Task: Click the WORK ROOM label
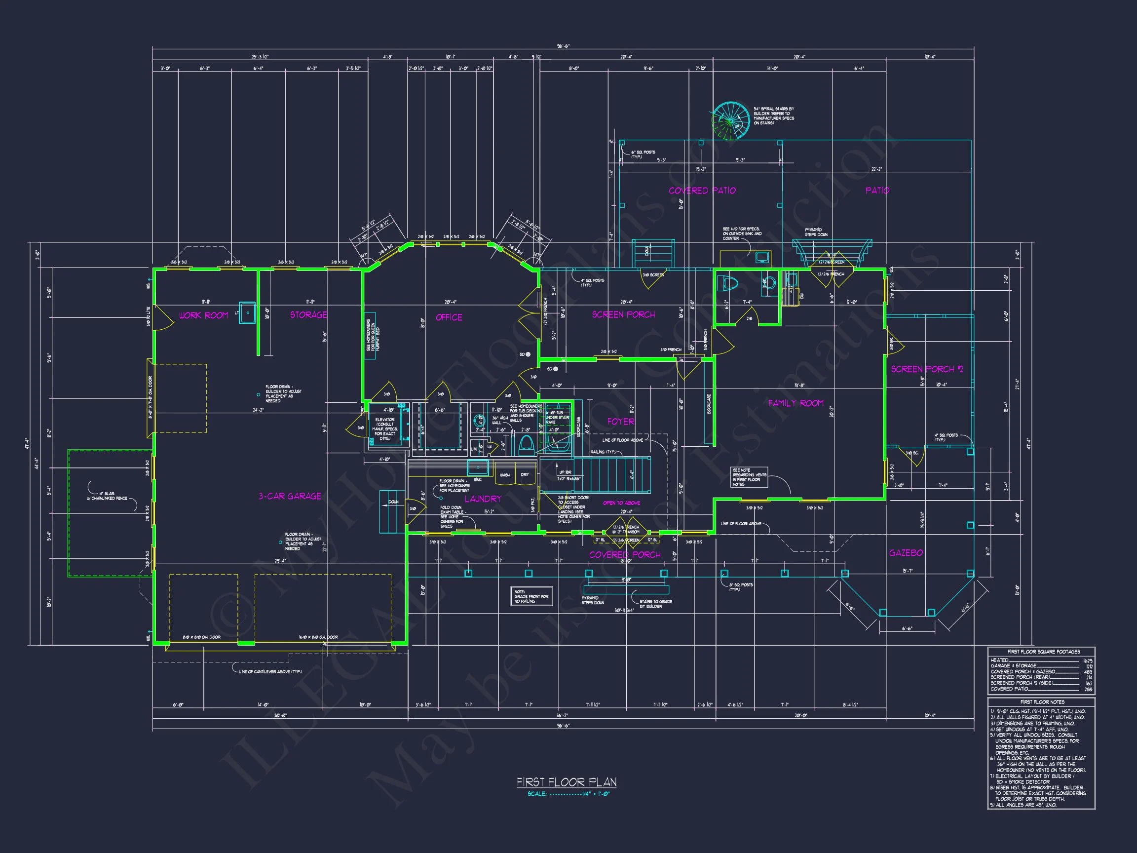pyautogui.click(x=203, y=315)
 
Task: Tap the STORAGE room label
pyautogui.click(x=308, y=314)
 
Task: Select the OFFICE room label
pyautogui.click(x=449, y=317)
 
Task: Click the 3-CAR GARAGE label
pyautogui.click(x=290, y=496)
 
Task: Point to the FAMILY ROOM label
pyautogui.click(x=796, y=403)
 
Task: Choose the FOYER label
pyautogui.click(x=620, y=422)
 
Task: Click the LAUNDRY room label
pyautogui.click(x=483, y=499)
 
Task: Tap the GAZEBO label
pyautogui.click(x=906, y=553)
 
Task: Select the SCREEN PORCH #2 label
pyautogui.click(x=927, y=369)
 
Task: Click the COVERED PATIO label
pyautogui.click(x=702, y=191)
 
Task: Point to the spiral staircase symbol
pyautogui.click(x=730, y=121)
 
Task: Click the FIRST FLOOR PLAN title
pyautogui.click(x=567, y=782)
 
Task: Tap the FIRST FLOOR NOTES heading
pyautogui.click(x=1042, y=702)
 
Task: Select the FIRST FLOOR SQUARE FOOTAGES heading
pyautogui.click(x=1042, y=652)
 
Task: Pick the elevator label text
pyautogui.click(x=384, y=429)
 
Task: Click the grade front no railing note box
pyautogui.click(x=531, y=596)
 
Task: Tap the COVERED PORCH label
pyautogui.click(x=625, y=555)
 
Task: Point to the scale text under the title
pyautogui.click(x=568, y=794)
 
